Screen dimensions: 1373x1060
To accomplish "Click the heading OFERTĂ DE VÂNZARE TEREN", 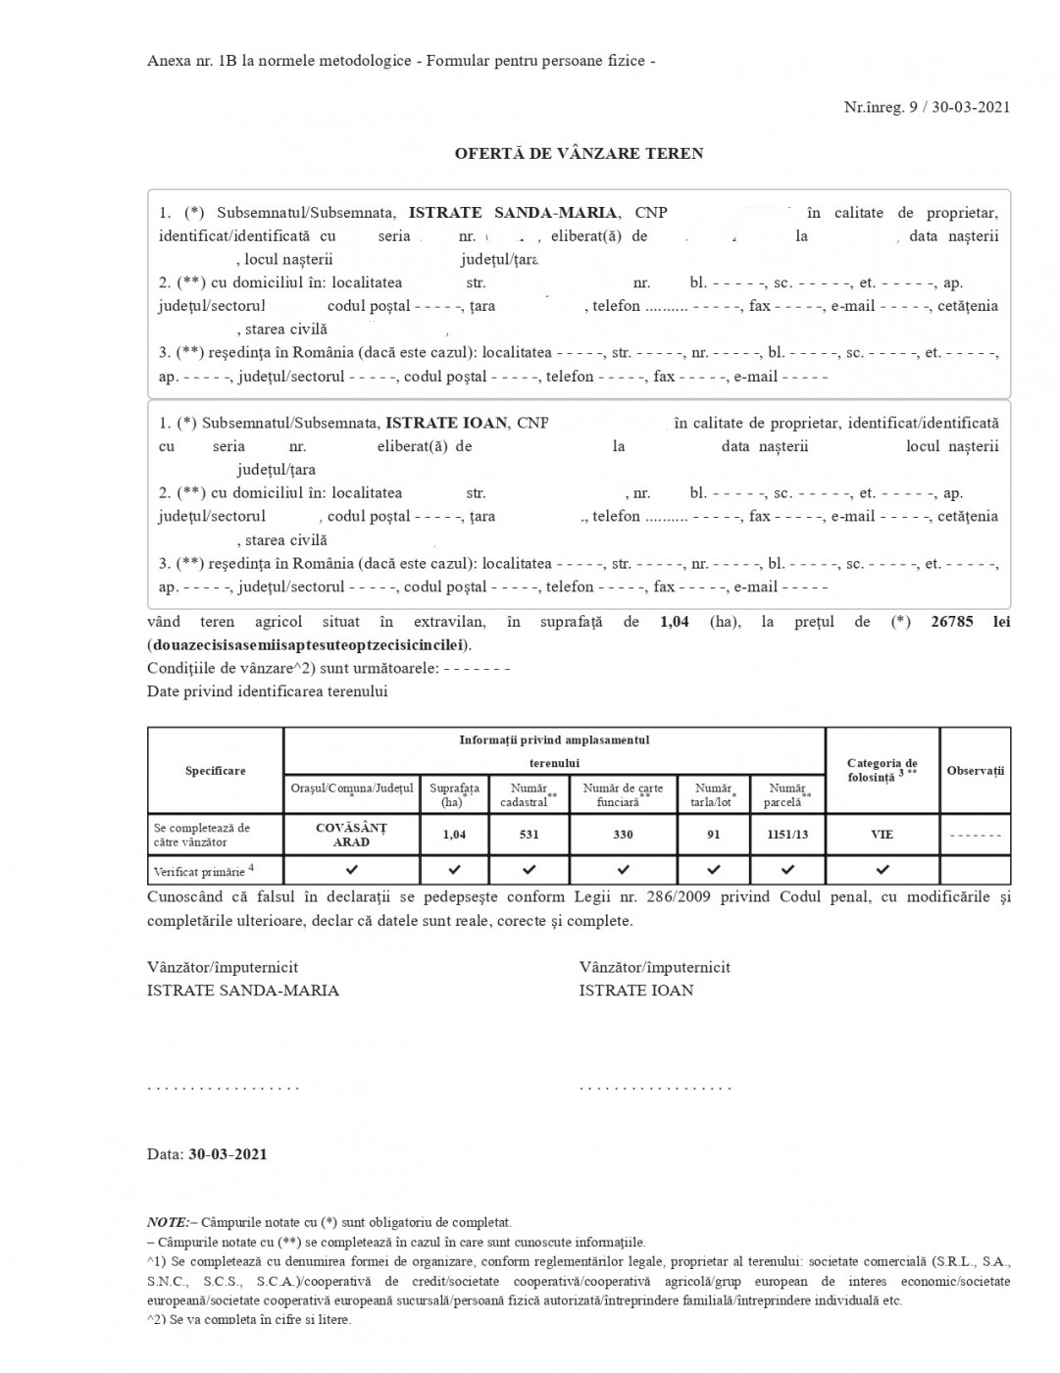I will [579, 154].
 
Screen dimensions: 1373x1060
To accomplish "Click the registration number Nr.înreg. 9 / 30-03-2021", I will [927, 107].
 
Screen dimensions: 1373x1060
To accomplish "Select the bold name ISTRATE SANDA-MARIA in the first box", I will [513, 213].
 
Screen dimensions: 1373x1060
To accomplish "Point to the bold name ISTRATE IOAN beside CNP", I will [446, 423].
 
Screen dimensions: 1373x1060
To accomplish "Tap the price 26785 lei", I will [970, 622].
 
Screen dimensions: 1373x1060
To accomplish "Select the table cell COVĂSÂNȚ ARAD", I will [351, 835].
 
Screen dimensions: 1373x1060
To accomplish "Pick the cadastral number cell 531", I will [529, 835].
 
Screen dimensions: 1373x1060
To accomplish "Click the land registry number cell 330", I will [623, 835].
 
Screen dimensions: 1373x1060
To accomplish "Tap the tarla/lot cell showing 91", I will [713, 835].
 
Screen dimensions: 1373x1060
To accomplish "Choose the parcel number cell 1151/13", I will [787, 835].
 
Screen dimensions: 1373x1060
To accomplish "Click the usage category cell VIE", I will [882, 835].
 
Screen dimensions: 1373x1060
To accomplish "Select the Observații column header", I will [975, 771].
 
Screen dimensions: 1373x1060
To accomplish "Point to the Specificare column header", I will [216, 771].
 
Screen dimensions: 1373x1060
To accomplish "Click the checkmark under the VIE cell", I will [882, 870].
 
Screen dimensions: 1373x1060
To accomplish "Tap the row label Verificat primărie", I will [199, 871].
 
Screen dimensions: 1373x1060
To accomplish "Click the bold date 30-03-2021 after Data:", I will [227, 1154].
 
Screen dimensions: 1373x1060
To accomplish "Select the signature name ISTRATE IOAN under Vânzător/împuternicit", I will [635, 991].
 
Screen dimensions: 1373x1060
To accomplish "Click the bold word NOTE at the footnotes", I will [167, 1222].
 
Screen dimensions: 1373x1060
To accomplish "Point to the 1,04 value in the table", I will [454, 835].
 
